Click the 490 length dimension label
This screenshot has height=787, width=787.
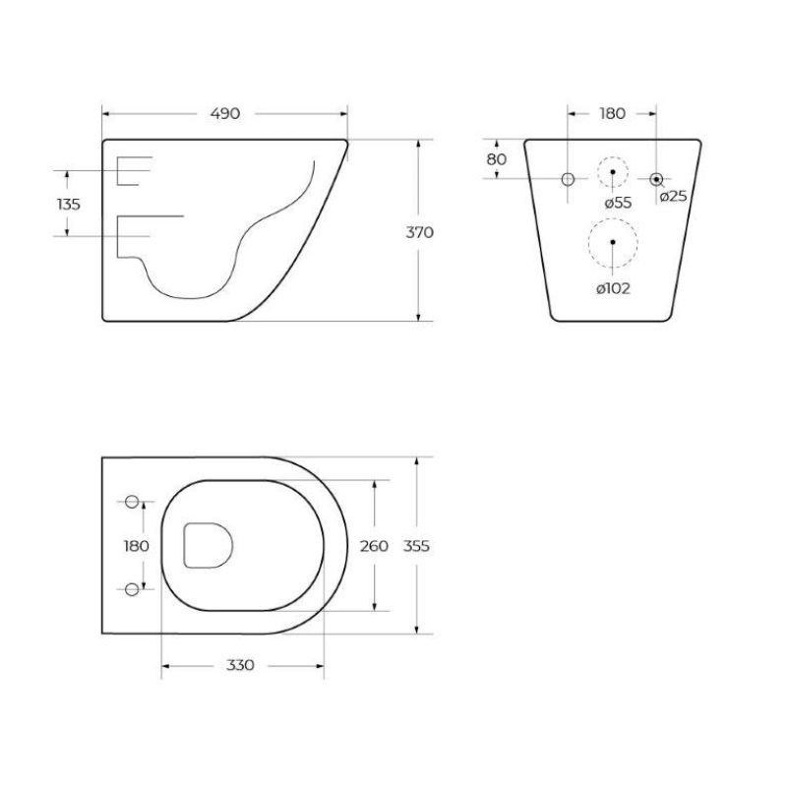[225, 114]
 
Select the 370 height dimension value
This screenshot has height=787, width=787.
[420, 232]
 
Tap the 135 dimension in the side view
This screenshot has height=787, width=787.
[68, 204]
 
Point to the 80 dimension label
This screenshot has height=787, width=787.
[496, 158]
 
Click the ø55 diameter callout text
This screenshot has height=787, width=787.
[617, 202]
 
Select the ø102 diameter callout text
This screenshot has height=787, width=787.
[612, 288]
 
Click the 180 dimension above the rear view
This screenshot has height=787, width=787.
[612, 114]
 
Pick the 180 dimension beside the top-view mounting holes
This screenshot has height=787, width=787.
[136, 546]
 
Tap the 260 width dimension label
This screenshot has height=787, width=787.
[374, 546]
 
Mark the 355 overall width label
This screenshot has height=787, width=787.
[418, 546]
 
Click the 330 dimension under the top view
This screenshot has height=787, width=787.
[240, 665]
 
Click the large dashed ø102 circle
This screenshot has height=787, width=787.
[612, 241]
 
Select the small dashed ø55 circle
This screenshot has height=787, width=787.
[612, 172]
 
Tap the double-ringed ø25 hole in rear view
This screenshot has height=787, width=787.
[656, 178]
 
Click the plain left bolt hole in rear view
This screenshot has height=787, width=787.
[568, 178]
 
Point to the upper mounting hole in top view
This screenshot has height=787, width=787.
[133, 502]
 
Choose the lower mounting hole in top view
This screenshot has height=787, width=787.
[133, 589]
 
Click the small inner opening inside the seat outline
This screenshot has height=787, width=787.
[207, 545]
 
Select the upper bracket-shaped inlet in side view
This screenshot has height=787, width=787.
[133, 170]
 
